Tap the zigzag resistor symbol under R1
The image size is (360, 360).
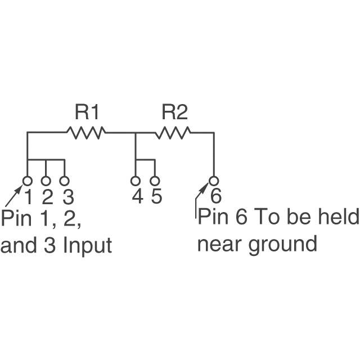[85, 133]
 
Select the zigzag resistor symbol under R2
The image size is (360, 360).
[174, 133]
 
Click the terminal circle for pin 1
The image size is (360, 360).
[27, 181]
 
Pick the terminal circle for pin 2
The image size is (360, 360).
[46, 181]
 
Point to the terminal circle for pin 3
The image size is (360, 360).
[65, 181]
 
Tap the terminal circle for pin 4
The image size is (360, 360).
[136, 181]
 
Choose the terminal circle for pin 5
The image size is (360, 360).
[154, 181]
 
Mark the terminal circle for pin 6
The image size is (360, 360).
[213, 181]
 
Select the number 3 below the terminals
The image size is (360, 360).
[67, 197]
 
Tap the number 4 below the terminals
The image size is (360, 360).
[137, 197]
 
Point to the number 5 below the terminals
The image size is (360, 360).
[156, 197]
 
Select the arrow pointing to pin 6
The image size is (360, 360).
[201, 194]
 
